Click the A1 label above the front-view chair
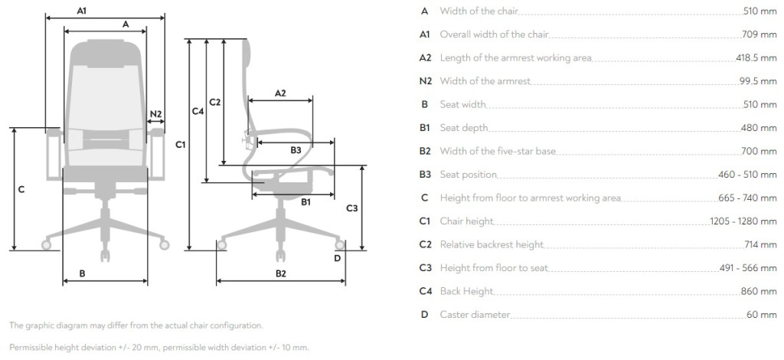[82, 10]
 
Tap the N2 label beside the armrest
[156, 114]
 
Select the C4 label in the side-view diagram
[198, 112]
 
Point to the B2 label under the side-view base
[281, 273]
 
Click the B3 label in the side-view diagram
[296, 150]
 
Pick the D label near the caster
[337, 258]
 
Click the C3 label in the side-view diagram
[352, 208]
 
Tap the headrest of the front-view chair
[106, 52]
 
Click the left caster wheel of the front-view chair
[47, 244]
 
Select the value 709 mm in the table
[759, 34]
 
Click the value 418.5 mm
[756, 58]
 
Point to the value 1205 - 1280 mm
[743, 221]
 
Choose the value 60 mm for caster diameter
[762, 315]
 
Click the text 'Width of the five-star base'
[498, 151]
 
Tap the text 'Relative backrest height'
[492, 244]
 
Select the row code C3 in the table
[425, 268]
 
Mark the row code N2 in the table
[425, 81]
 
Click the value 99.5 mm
[758, 81]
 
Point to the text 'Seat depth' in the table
[463, 128]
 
